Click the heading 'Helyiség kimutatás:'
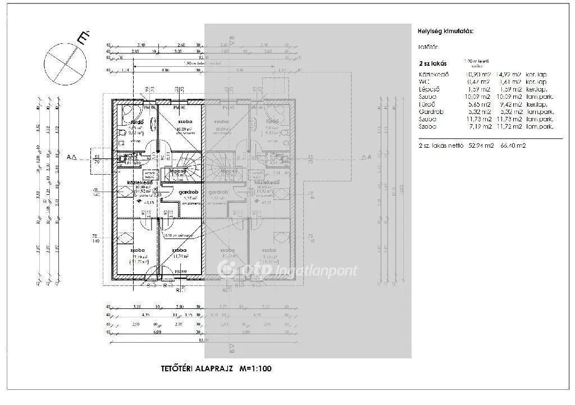point(445,31)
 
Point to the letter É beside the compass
point(83,38)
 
